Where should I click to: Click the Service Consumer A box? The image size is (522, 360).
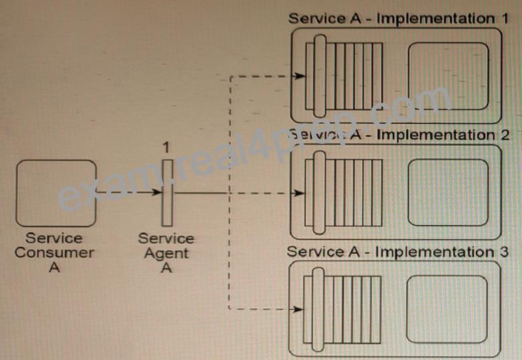click(56, 193)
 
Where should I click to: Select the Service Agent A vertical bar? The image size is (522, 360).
click(167, 193)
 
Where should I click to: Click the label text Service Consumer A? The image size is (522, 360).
click(54, 252)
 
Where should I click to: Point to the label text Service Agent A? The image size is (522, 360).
click(166, 253)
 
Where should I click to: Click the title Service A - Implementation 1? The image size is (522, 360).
click(398, 18)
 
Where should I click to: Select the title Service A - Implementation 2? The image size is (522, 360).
click(398, 134)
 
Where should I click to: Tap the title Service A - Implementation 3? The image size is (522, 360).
click(398, 252)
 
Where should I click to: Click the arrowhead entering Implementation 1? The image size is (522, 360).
click(300, 76)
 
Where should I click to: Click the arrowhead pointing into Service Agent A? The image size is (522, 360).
click(156, 192)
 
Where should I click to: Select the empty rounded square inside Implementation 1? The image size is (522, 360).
click(448, 76)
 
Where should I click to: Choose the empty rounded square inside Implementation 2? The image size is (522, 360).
click(448, 193)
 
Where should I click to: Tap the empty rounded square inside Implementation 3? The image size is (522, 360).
click(447, 309)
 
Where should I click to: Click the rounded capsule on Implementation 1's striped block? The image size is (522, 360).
click(320, 76)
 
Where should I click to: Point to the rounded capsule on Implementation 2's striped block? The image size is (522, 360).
click(319, 193)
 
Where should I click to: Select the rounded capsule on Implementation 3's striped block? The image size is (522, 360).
click(318, 309)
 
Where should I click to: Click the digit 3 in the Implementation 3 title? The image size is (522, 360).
click(504, 252)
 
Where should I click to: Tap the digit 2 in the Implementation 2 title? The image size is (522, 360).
click(505, 134)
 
